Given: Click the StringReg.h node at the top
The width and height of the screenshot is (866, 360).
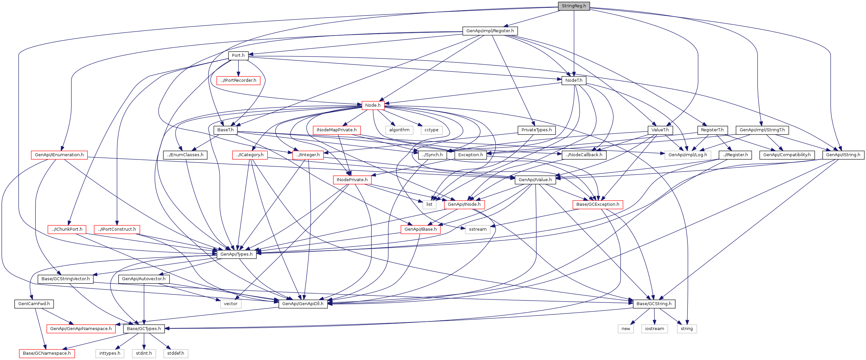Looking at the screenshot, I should (x=573, y=6).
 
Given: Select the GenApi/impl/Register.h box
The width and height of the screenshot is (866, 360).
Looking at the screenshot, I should (x=490, y=31).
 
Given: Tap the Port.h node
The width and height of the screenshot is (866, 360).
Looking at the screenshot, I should (x=238, y=56).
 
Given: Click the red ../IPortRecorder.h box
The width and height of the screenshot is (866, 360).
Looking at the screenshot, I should (x=238, y=80).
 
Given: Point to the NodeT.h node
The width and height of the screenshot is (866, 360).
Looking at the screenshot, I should (x=573, y=80).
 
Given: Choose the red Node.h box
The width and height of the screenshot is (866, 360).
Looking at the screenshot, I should (x=373, y=105).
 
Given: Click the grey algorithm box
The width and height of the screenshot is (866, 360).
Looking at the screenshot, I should (x=399, y=130).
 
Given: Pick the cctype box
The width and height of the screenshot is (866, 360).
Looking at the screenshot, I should (x=431, y=130).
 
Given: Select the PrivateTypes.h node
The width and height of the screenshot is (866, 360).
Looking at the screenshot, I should (x=536, y=130).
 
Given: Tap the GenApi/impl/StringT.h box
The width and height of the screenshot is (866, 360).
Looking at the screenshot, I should (x=762, y=130).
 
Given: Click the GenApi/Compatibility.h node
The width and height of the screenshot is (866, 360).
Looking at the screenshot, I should (x=787, y=155).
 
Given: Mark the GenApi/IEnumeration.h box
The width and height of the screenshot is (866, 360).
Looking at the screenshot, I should (x=59, y=155).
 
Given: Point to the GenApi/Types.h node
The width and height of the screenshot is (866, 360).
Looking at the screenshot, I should (x=236, y=254).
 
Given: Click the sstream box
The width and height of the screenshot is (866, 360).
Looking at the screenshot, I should (x=477, y=229).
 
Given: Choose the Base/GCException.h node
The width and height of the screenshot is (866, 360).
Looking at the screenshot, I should (x=597, y=204).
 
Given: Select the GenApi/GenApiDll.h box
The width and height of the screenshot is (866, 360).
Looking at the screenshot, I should (x=303, y=304).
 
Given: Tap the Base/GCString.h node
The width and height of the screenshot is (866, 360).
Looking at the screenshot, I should (x=654, y=304).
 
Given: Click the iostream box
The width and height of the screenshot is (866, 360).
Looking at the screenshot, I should (x=654, y=329).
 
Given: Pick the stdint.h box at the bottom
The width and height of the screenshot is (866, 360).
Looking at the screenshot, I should (x=144, y=353).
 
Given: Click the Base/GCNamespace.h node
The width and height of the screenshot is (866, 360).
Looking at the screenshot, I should (x=47, y=353).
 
